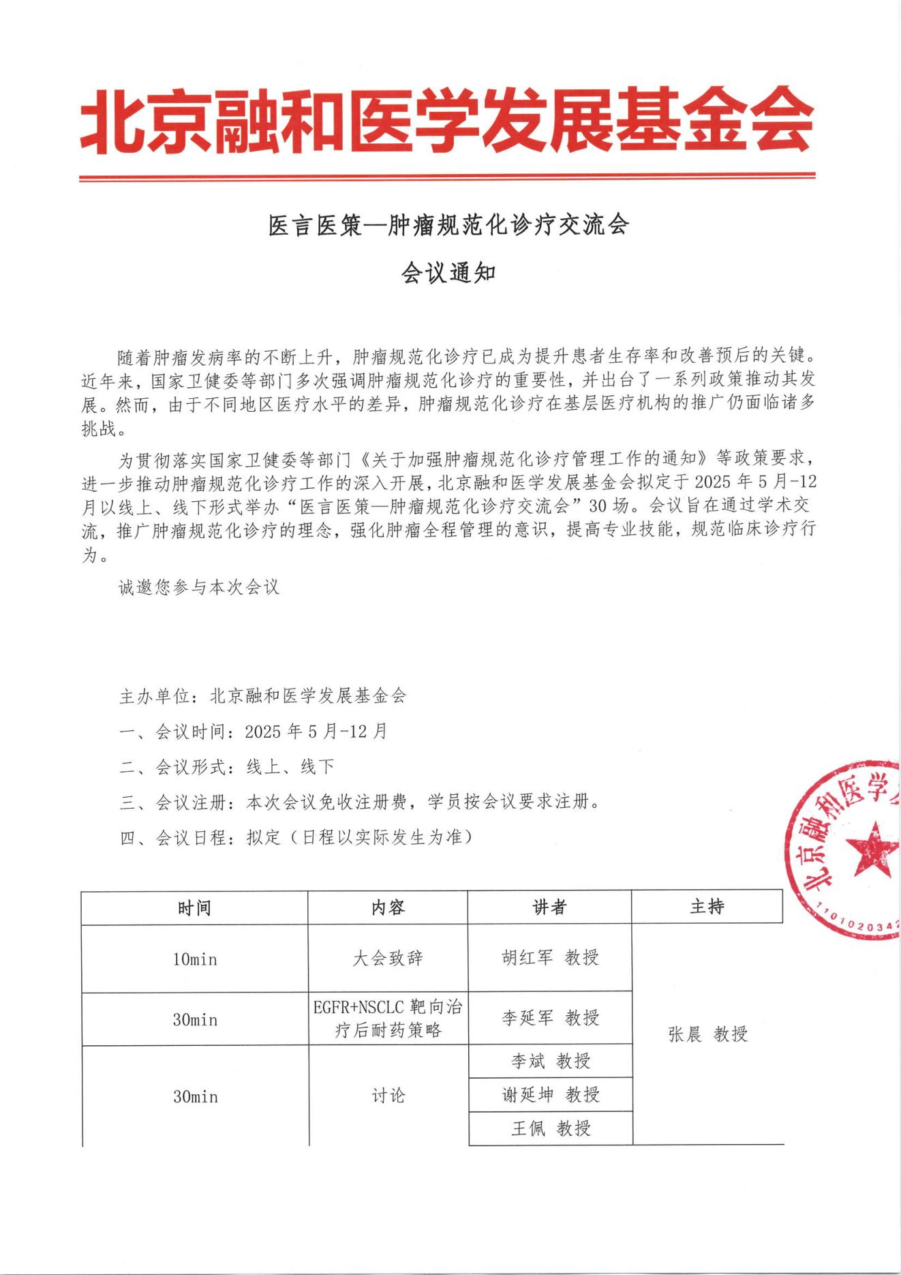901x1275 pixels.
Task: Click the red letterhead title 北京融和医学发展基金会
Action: coord(447,121)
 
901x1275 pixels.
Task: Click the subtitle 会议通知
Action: coord(448,273)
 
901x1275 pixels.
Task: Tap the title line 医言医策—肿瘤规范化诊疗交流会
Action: coord(448,225)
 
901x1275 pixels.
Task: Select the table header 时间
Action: coord(194,908)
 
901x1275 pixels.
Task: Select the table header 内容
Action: coord(388,907)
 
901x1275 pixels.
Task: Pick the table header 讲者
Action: coord(549,907)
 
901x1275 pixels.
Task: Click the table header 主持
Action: coord(707,906)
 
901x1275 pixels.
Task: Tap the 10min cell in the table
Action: coord(195,959)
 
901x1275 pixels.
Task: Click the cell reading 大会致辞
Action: coord(388,959)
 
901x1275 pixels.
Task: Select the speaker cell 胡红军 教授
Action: coord(550,957)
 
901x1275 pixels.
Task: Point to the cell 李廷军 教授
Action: coord(550,1018)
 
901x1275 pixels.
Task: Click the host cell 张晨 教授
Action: coord(708,1034)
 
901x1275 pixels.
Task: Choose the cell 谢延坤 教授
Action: coord(550,1095)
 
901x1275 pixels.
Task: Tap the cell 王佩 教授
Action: coord(550,1128)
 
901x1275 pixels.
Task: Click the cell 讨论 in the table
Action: coord(388,1096)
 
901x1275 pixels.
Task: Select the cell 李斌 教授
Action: coord(550,1061)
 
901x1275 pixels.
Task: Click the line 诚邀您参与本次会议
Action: coord(199,587)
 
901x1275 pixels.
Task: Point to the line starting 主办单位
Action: coord(263,696)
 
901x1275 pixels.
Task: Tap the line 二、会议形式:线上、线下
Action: coord(227,767)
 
